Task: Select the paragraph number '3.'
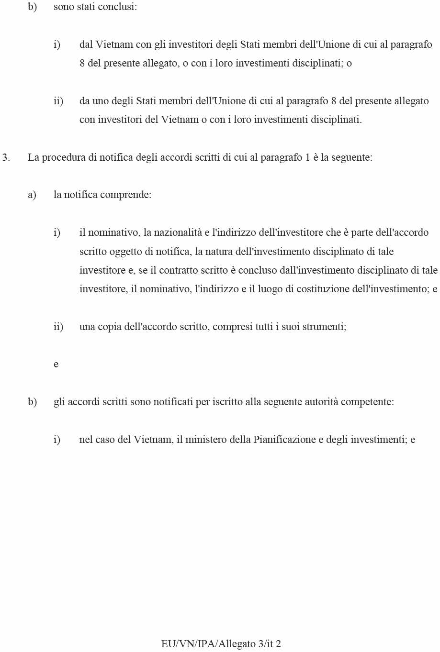click(x=6, y=157)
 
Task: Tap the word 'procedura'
click(x=63, y=158)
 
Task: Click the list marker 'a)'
click(x=32, y=195)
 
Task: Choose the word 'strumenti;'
click(x=325, y=327)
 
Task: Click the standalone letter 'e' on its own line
click(x=56, y=365)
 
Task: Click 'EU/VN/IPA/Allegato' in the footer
click(x=208, y=644)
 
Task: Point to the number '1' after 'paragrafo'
click(x=307, y=157)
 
